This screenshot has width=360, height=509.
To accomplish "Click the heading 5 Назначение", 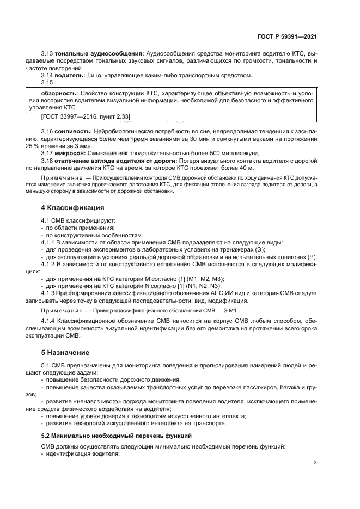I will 66,352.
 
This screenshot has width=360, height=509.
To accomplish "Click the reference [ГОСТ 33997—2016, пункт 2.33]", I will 86,116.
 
